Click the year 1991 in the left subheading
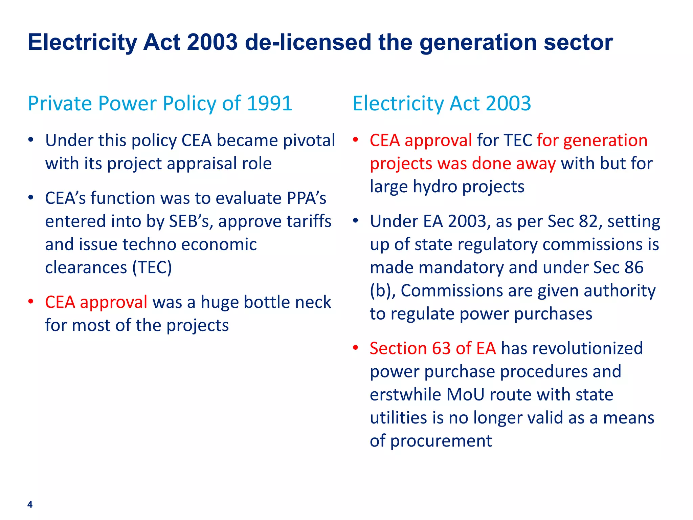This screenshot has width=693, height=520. click(x=270, y=103)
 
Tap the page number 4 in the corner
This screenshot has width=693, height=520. click(x=30, y=504)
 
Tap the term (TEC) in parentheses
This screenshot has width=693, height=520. click(x=152, y=267)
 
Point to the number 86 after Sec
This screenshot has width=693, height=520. click(x=634, y=267)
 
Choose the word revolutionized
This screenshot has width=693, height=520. click(x=572, y=348)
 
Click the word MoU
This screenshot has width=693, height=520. click(x=465, y=395)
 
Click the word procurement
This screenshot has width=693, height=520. click(x=441, y=441)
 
